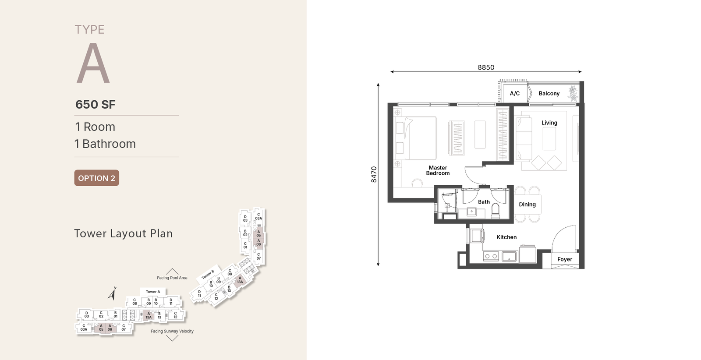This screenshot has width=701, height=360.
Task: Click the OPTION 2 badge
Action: pyautogui.click(x=97, y=178)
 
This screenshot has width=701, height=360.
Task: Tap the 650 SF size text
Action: pyautogui.click(x=96, y=105)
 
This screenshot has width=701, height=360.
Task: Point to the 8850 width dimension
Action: pyautogui.click(x=486, y=67)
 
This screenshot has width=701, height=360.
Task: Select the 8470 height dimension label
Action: pyautogui.click(x=374, y=175)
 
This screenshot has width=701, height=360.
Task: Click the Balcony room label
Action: pyautogui.click(x=549, y=94)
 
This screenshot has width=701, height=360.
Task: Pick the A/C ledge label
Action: pyautogui.click(x=515, y=94)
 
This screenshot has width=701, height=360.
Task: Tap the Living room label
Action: pyautogui.click(x=549, y=123)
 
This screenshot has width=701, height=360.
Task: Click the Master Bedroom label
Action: pyautogui.click(x=438, y=170)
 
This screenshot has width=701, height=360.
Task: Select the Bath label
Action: pyautogui.click(x=484, y=202)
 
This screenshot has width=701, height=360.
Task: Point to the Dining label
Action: pyautogui.click(x=528, y=205)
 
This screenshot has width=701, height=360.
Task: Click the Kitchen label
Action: pyautogui.click(x=506, y=237)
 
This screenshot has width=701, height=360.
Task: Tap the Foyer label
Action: pyautogui.click(x=565, y=259)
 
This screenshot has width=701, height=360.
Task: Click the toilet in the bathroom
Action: pyautogui.click(x=496, y=211)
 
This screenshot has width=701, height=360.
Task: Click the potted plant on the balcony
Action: pyautogui.click(x=574, y=94)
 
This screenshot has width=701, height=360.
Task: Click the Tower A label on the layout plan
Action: pyautogui.click(x=153, y=292)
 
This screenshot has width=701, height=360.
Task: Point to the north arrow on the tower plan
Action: pyautogui.click(x=113, y=294)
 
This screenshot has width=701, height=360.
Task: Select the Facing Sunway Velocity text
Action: pyautogui.click(x=172, y=331)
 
